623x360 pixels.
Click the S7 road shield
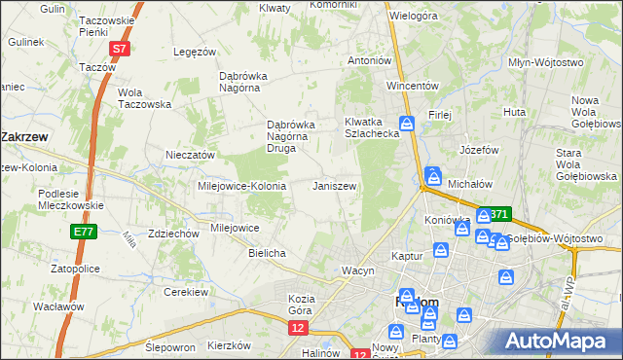pyautogui.click(x=119, y=48)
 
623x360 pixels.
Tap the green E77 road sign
pyautogui.click(x=83, y=232)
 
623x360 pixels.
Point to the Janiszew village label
pyautogui.click(x=334, y=186)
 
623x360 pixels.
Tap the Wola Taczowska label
pyautogui.click(x=144, y=98)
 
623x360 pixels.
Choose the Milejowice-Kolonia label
pyautogui.click(x=241, y=186)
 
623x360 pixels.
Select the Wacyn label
pyautogui.click(x=357, y=270)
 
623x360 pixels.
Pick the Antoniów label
pyautogui.click(x=370, y=60)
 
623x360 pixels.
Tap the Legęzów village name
pyautogui.click(x=193, y=52)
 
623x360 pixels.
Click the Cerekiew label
pyautogui.click(x=187, y=292)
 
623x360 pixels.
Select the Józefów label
pyautogui.click(x=479, y=151)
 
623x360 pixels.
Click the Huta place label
pyautogui.click(x=514, y=113)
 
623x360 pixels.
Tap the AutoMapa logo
pyautogui.click(x=558, y=341)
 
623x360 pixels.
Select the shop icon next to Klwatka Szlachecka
pyautogui.click(x=408, y=123)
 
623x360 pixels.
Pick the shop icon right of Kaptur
pyautogui.click(x=441, y=251)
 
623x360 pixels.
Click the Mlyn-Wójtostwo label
pyautogui.click(x=546, y=62)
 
